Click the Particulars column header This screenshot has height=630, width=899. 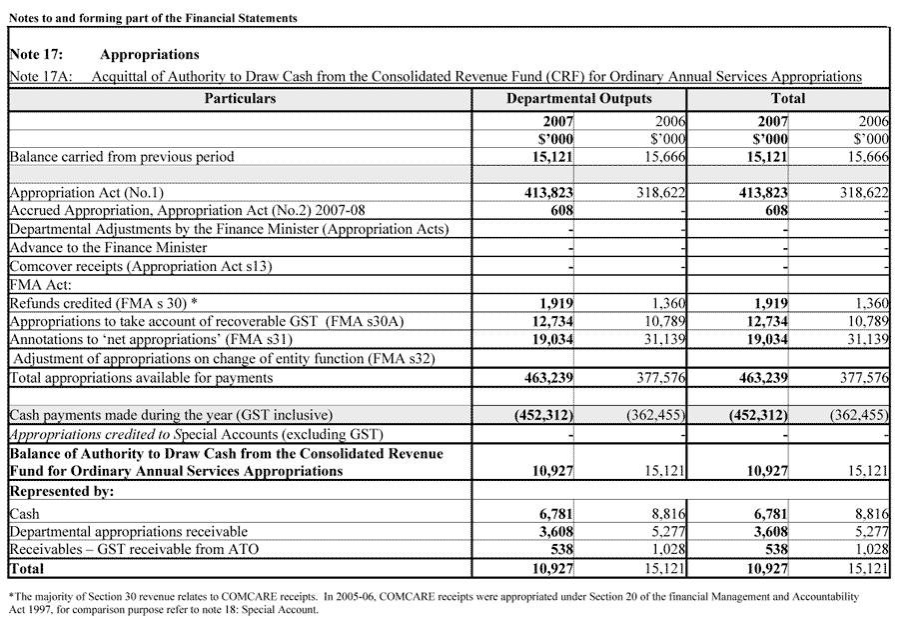tap(240, 99)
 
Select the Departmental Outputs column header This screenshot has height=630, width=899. tap(578, 99)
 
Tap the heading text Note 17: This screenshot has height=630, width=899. tap(36, 55)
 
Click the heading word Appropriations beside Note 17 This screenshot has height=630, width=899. tap(149, 55)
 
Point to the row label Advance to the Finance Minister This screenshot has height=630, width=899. tap(108, 247)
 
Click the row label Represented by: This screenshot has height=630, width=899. tap(61, 492)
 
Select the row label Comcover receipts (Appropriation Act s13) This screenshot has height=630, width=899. tap(140, 266)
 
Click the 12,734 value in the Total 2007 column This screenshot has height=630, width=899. tap(764, 321)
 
